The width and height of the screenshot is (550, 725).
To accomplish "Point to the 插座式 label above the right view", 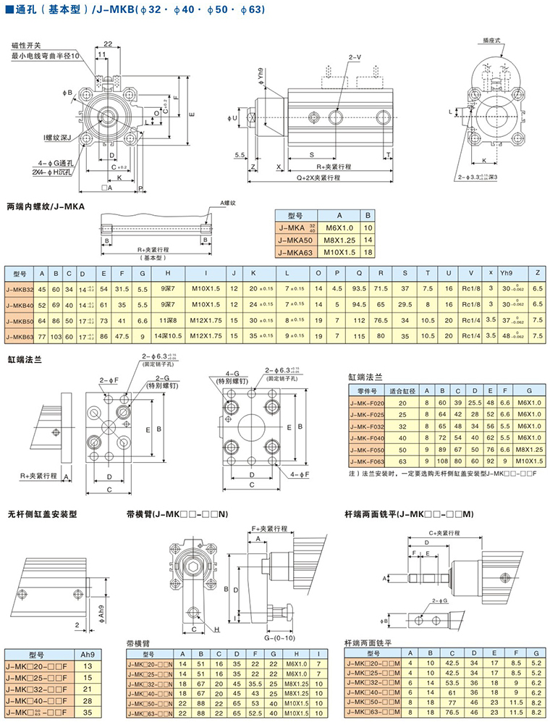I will coord(494,42).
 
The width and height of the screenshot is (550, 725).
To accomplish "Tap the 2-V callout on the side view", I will coord(355,56).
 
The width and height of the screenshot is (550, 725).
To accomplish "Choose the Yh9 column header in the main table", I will coord(506,272).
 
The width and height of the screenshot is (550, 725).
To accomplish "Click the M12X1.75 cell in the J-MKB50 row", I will coord(206,320).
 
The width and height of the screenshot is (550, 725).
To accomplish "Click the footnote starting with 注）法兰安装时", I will coord(439,474).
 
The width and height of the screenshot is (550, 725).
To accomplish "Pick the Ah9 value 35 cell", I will coord(88,712).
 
